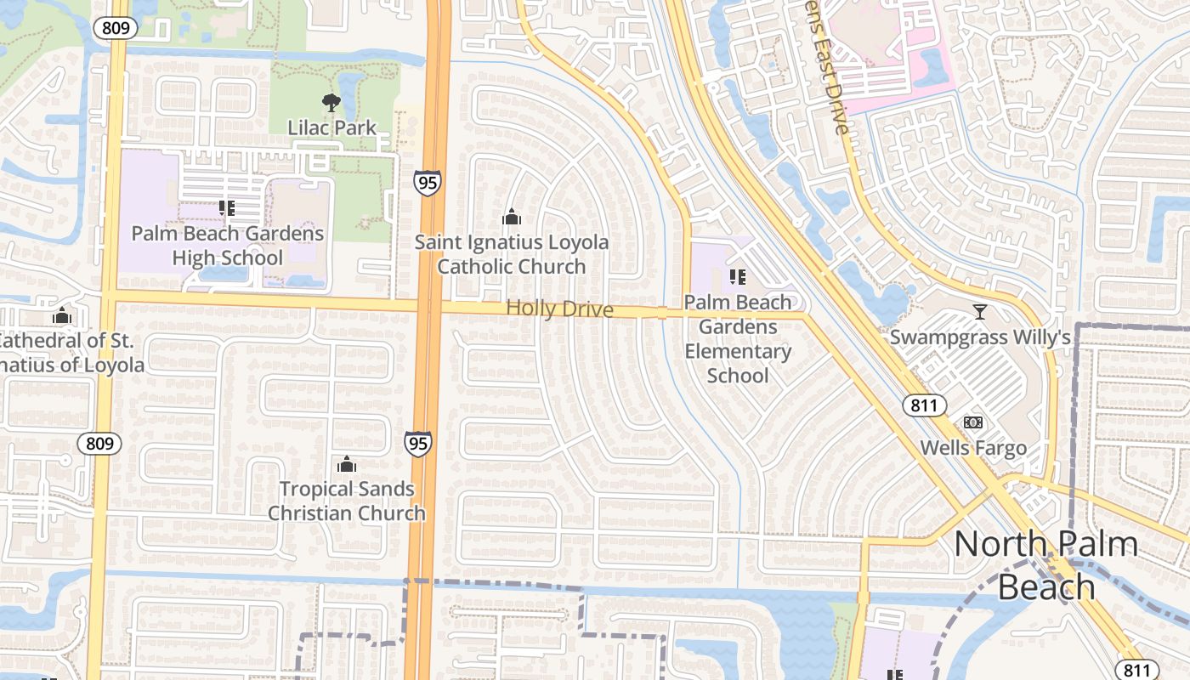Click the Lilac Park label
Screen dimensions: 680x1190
[331, 128]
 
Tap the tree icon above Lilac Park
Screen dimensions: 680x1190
[331, 104]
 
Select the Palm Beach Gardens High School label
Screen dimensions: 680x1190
[228, 246]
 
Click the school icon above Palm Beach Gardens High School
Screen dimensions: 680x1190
[227, 207]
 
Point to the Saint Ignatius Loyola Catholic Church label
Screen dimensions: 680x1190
[512, 254]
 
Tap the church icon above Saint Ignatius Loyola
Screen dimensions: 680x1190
[512, 218]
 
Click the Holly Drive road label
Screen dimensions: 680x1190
[559, 309]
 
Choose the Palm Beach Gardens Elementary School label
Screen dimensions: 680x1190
[738, 338]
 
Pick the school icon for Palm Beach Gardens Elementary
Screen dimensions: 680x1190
[738, 276]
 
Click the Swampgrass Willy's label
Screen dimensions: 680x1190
[980, 337]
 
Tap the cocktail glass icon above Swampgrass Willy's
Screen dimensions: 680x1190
[980, 312]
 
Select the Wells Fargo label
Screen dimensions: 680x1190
[973, 448]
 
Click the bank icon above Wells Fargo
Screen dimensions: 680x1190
[973, 422]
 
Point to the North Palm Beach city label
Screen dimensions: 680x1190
[1046, 565]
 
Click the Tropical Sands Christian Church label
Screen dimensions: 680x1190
[347, 501]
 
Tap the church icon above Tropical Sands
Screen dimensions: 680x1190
[347, 464]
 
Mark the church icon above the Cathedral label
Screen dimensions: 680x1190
[61, 316]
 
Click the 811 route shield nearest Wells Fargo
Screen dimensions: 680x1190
[924, 405]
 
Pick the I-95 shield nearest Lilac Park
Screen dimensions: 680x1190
[428, 182]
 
